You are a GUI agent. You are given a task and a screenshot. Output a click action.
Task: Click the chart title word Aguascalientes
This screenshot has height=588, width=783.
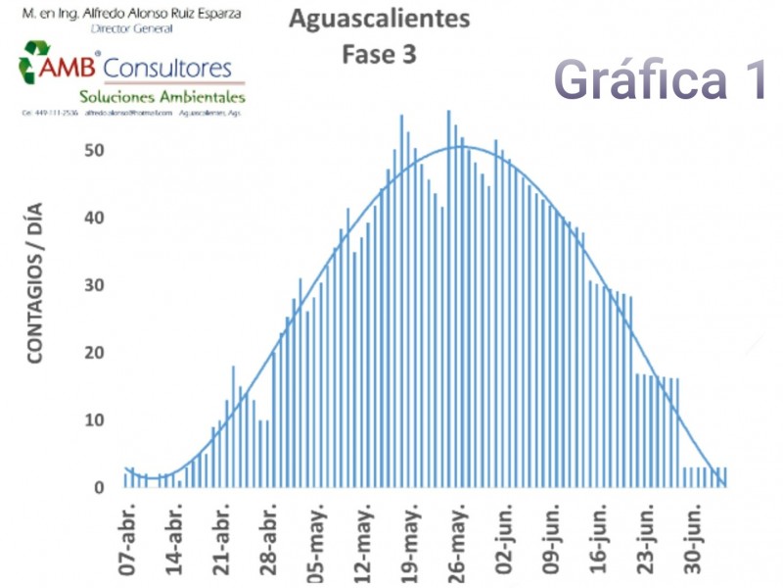379,19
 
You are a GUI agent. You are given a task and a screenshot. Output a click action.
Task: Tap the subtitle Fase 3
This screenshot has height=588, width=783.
379,55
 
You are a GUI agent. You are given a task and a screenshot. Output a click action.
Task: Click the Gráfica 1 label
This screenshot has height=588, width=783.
662,78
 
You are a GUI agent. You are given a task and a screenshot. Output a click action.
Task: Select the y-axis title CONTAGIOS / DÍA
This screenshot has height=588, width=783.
35,291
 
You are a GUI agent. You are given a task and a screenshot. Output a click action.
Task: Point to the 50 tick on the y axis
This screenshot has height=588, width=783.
94,151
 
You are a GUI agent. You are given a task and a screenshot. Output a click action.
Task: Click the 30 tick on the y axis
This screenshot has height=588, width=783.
94,286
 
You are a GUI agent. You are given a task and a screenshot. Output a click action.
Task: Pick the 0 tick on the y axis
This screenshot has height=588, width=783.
99,487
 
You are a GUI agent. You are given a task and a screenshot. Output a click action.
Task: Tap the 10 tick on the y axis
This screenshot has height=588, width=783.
94,420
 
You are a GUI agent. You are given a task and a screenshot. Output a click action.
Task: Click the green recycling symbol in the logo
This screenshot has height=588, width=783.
35,61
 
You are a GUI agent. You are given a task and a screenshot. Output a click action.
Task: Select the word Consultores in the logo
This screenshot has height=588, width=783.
167,68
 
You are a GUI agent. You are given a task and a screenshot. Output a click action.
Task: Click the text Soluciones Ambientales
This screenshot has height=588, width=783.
162,97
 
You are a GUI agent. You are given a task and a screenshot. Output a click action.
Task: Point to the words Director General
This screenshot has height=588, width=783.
131,29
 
